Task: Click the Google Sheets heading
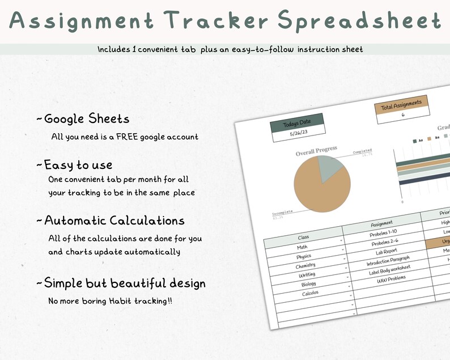(87, 118)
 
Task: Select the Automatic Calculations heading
(114, 220)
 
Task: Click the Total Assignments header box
(401, 104)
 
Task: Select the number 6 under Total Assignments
(403, 115)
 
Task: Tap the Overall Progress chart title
(316, 152)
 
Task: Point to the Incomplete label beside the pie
(282, 212)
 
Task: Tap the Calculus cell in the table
(310, 293)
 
